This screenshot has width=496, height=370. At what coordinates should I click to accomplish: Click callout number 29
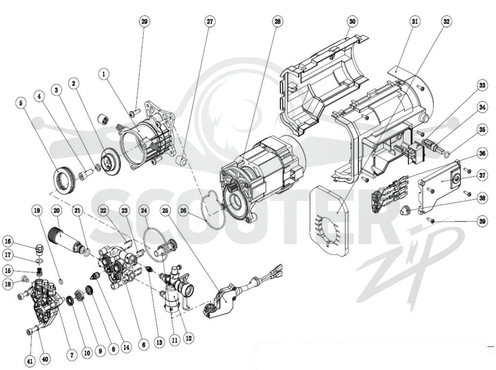click(144, 22)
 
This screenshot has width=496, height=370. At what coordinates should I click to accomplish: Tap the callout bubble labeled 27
click(210, 22)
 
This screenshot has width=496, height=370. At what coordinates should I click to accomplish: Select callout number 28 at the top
click(277, 22)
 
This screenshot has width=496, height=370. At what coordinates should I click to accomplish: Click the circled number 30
click(352, 22)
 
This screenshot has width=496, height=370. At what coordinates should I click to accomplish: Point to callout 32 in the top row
click(446, 22)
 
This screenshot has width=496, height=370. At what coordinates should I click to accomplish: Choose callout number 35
click(482, 130)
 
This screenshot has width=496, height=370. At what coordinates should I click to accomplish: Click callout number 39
click(482, 221)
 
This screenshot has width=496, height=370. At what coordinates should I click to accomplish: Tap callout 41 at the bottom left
click(30, 361)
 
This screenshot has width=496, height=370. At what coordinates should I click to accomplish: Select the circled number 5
click(21, 103)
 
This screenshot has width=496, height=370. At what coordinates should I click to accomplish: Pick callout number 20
click(56, 210)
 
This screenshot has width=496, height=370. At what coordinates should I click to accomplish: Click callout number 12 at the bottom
click(188, 338)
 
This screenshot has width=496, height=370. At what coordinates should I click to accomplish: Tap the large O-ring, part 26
click(206, 219)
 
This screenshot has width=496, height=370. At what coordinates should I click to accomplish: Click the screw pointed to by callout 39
click(432, 221)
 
